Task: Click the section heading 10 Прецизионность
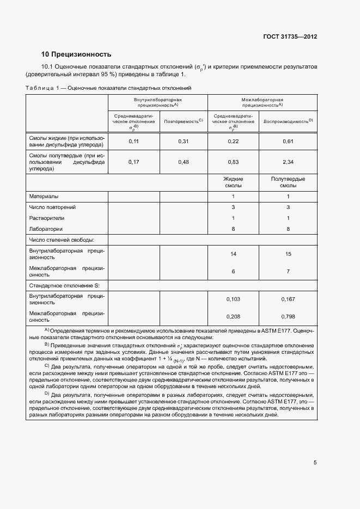point(76,54)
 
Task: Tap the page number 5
point(315,463)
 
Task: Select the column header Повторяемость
point(183,120)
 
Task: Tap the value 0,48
point(184,162)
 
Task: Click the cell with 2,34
point(288,162)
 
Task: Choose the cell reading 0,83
point(233,162)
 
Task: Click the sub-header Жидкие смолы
point(233,182)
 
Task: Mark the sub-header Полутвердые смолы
point(288,182)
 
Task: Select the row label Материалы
point(44,196)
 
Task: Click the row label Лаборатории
point(46,229)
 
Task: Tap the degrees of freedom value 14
point(233,254)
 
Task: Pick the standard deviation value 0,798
point(288,316)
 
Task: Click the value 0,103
point(233,299)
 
